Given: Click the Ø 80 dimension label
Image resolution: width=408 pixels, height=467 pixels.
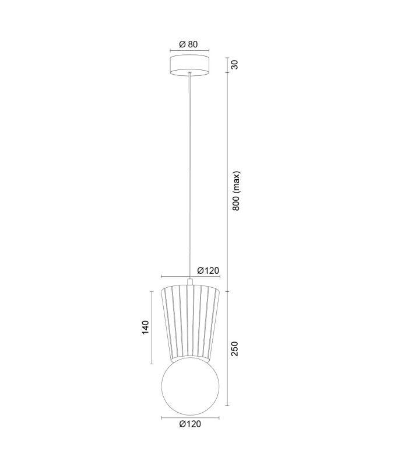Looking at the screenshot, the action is pyautogui.click(x=188, y=44).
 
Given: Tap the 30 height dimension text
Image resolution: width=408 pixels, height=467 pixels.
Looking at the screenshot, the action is pyautogui.click(x=235, y=65).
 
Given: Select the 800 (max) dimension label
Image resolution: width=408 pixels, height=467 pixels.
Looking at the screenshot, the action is pyautogui.click(x=236, y=191).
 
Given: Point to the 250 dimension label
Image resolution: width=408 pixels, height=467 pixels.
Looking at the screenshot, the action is pyautogui.click(x=235, y=348).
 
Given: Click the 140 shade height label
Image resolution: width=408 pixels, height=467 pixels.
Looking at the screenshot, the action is pyautogui.click(x=145, y=327).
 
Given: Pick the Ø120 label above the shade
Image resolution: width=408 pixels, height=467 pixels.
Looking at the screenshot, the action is pyautogui.click(x=208, y=270).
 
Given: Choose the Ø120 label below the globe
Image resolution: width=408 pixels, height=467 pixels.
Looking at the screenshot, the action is pyautogui.click(x=191, y=424).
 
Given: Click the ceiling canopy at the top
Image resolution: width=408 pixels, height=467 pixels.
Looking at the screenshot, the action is pyautogui.click(x=189, y=65).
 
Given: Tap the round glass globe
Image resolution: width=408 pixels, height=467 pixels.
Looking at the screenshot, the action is pyautogui.click(x=190, y=386).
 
